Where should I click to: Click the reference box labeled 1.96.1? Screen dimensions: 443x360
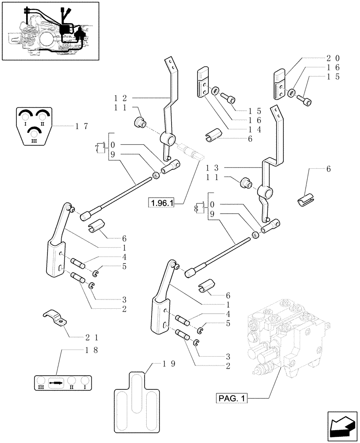[163, 203]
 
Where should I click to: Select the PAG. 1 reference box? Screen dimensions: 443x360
[231, 399]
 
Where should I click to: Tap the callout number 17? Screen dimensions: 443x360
[81, 126]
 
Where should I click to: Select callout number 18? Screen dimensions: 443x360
[91, 350]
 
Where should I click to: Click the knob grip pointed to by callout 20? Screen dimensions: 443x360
[279, 85]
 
